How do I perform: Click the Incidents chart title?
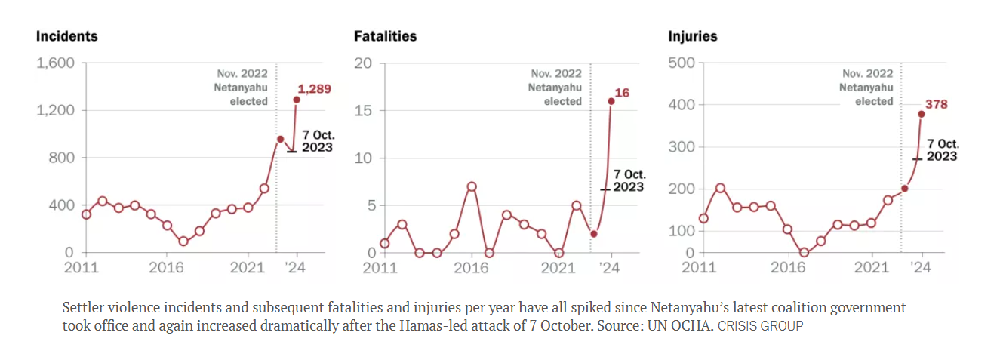pyautogui.click(x=67, y=36)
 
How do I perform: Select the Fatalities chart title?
pyautogui.click(x=385, y=36)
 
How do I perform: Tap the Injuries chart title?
pyautogui.click(x=692, y=36)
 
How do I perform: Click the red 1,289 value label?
pyautogui.click(x=314, y=89)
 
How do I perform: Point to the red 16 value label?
pyautogui.click(x=622, y=93)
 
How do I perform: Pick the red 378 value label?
pyautogui.click(x=937, y=104)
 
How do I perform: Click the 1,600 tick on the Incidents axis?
pyautogui.click(x=56, y=63)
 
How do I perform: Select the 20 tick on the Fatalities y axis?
pyautogui.click(x=364, y=63)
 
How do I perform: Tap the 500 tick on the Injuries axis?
pyautogui.click(x=682, y=63)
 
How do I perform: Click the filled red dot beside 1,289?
pyautogui.click(x=297, y=100)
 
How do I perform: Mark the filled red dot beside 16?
pyautogui.click(x=611, y=101)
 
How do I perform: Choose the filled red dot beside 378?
pyautogui.click(x=922, y=115)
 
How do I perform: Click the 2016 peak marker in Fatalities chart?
pyautogui.click(x=472, y=186)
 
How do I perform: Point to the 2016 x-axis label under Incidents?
pyautogui.click(x=166, y=267)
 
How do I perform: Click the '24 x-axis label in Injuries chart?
pyautogui.click(x=921, y=267)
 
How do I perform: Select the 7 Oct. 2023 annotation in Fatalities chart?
pyautogui.click(x=628, y=180)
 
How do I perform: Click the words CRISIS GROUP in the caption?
pyautogui.click(x=760, y=327)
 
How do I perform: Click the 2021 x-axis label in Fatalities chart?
pyautogui.click(x=559, y=267)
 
